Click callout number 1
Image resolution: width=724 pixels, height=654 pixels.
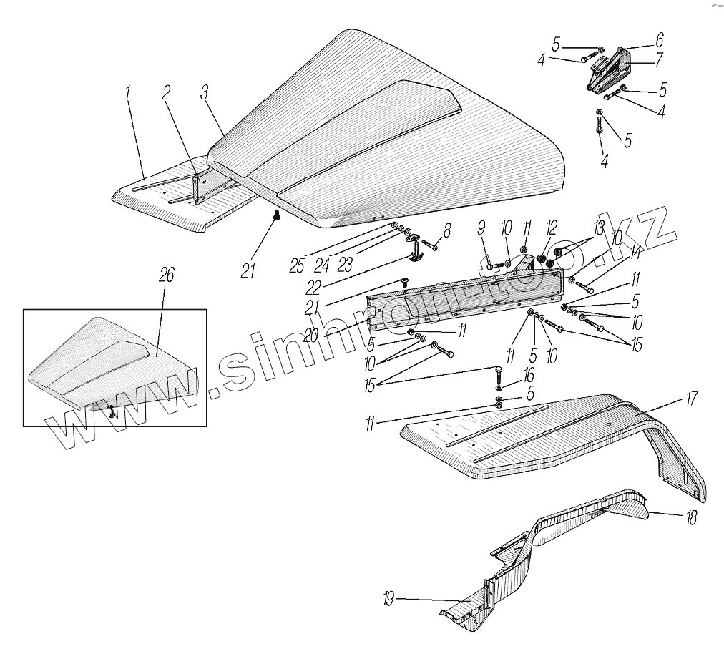pyautogui.click(x=129, y=92)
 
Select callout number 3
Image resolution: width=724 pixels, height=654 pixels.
pyautogui.click(x=205, y=92)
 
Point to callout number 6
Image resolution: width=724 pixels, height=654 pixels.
pyautogui.click(x=659, y=39)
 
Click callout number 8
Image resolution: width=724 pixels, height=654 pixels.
pyautogui.click(x=447, y=230)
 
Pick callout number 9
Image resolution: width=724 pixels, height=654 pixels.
pyautogui.click(x=481, y=228)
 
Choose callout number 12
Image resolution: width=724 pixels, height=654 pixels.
pyautogui.click(x=551, y=228)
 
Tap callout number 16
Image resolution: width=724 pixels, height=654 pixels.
pyautogui.click(x=529, y=374)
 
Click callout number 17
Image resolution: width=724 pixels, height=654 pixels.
pyautogui.click(x=691, y=399)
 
